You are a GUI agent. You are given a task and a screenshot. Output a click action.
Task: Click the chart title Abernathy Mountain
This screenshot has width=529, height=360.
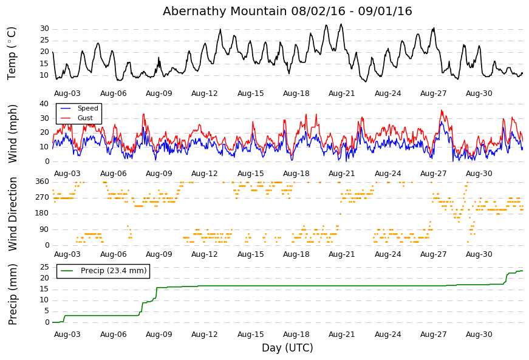[225, 11]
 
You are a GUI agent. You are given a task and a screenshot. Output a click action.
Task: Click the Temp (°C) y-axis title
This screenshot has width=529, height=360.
[12, 53]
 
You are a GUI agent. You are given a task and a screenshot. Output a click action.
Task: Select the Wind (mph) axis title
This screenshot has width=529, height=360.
[12, 134]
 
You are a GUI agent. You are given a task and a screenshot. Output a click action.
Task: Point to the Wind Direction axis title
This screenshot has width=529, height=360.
[12, 214]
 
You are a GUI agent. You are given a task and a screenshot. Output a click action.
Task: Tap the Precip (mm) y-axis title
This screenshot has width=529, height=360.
[12, 294]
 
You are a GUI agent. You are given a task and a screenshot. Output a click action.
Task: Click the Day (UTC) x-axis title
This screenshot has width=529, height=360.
[287, 348]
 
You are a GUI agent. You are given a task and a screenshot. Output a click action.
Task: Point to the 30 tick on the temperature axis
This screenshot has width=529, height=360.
[44, 29]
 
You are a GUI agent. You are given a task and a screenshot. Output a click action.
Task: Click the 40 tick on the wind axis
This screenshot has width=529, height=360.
[44, 104]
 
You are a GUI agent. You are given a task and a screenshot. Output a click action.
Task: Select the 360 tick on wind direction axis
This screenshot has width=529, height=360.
[43, 182]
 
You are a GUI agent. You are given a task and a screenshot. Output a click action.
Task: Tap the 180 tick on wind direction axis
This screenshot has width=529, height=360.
[43, 213]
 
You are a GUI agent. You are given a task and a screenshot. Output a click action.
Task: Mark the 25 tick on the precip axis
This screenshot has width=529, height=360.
[44, 267]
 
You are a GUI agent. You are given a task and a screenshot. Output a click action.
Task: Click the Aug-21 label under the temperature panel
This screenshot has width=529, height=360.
[342, 93]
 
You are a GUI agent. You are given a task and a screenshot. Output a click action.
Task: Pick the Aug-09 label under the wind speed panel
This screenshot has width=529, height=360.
[159, 174]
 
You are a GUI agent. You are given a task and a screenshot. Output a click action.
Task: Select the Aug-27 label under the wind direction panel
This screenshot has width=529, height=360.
[433, 254]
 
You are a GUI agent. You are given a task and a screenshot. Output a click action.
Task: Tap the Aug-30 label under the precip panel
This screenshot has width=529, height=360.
[479, 335]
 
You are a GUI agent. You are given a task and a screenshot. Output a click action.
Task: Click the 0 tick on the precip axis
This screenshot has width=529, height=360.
[47, 322]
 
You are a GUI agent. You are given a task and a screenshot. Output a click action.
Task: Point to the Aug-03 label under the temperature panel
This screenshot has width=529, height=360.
[67, 93]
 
